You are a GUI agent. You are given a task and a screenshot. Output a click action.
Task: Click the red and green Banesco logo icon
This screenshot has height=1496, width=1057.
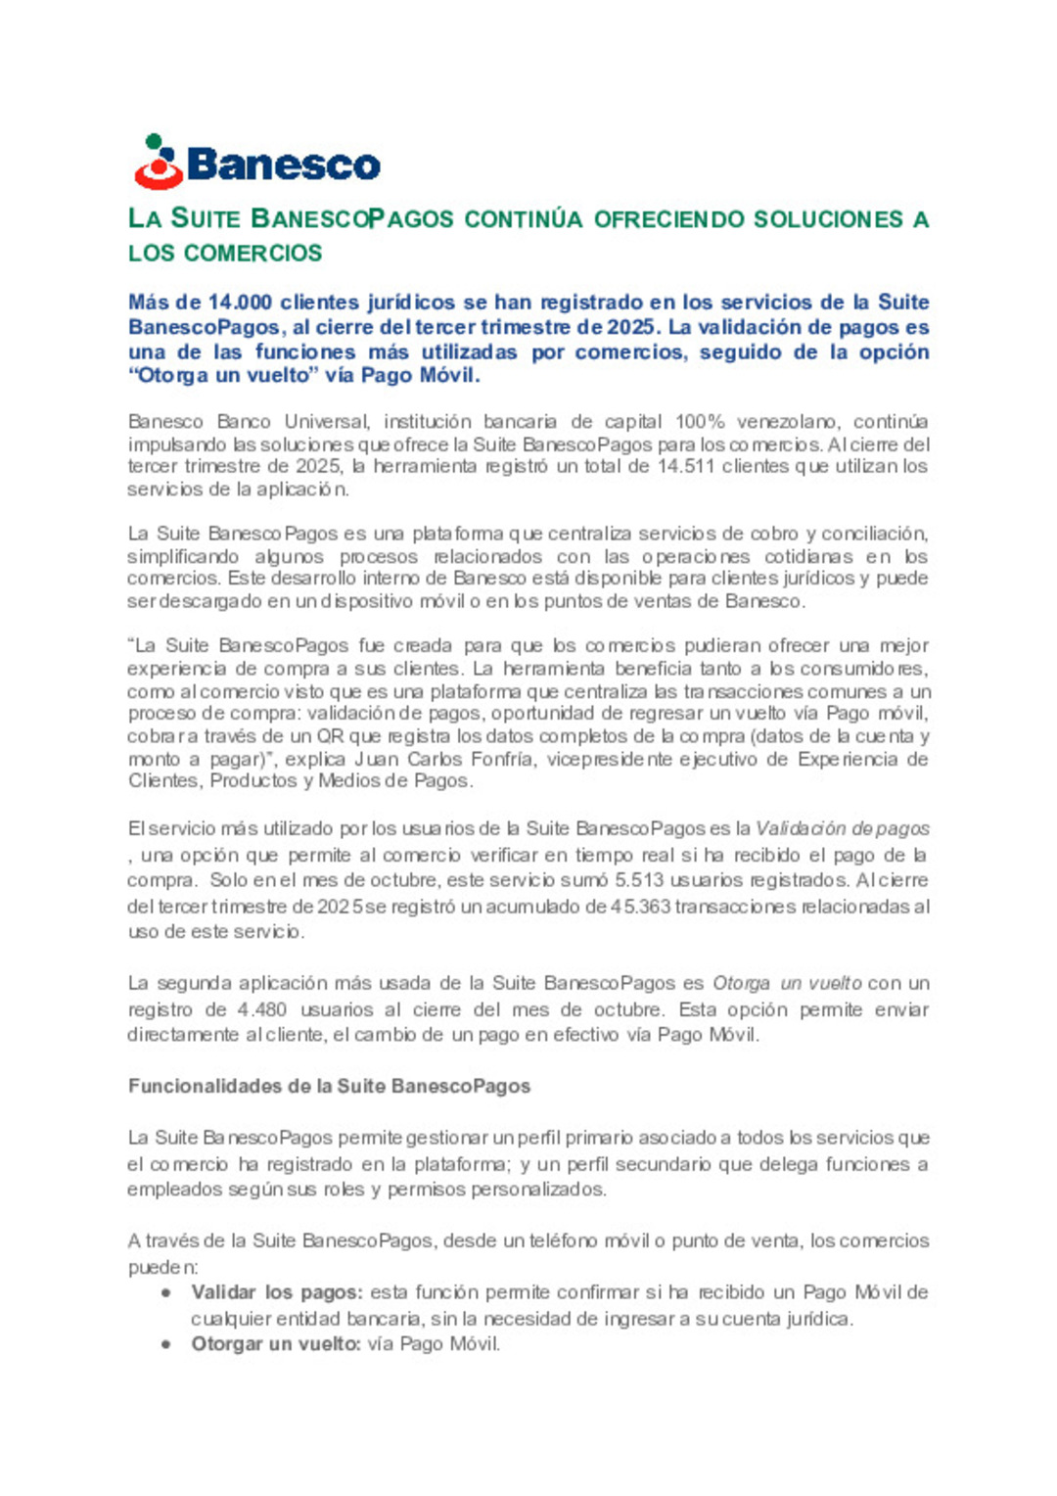(159, 163)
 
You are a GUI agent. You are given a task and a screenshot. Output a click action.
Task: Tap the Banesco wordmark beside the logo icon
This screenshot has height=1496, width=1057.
(283, 164)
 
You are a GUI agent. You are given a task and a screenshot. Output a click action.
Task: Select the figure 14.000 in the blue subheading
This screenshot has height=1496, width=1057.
(240, 303)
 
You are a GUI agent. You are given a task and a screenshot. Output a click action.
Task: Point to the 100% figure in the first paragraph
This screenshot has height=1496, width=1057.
(700, 422)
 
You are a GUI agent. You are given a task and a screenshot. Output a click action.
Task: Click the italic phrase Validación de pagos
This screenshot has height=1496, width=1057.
(843, 828)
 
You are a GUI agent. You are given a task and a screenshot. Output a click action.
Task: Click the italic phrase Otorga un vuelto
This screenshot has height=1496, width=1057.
(787, 983)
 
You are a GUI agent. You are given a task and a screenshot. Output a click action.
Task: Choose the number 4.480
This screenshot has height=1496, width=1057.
(262, 1009)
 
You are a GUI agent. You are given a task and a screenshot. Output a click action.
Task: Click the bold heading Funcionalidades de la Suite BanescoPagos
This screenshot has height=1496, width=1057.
(329, 1086)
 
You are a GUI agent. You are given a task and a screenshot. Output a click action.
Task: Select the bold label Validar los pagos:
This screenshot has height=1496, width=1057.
(277, 1292)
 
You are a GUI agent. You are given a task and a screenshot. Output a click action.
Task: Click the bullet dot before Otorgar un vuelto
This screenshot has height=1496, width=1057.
(167, 1344)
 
